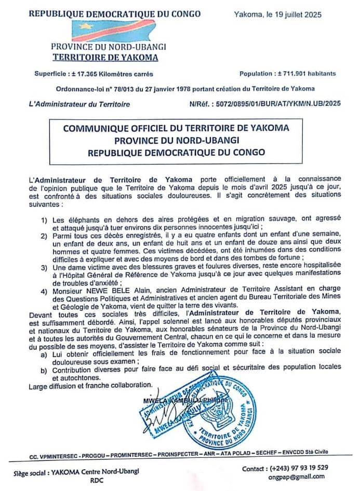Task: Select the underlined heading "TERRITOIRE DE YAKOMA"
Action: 105,58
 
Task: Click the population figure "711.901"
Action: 292,74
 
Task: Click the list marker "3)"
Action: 45,267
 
